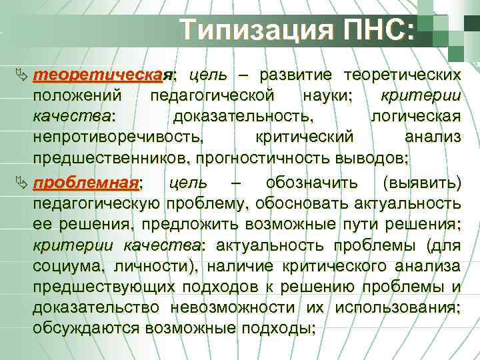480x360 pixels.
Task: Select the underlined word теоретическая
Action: click(x=104, y=72)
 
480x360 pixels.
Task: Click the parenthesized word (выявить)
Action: click(x=420, y=183)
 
